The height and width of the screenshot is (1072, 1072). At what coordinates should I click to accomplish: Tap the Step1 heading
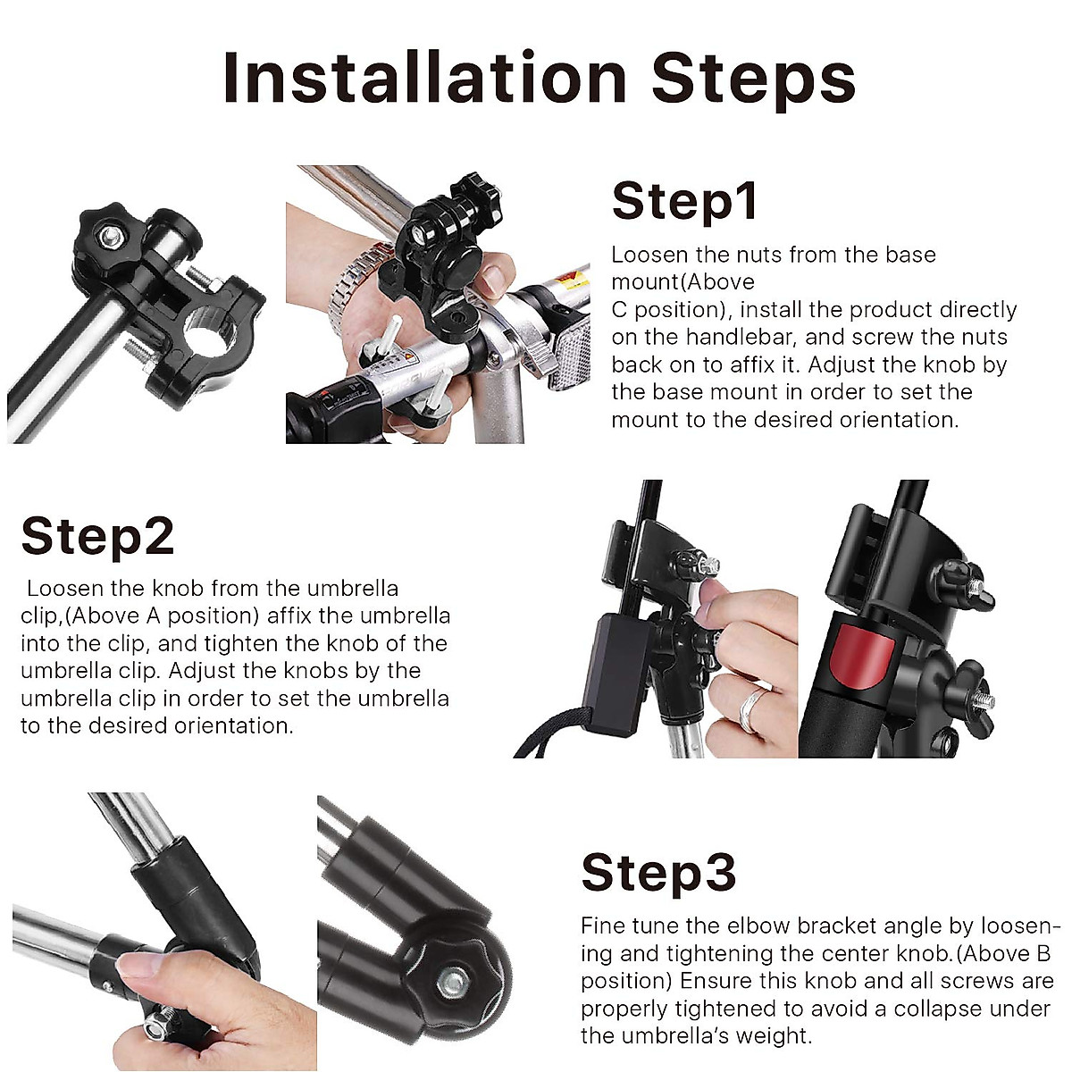pyautogui.click(x=685, y=200)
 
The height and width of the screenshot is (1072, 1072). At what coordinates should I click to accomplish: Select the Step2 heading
pyautogui.click(x=97, y=536)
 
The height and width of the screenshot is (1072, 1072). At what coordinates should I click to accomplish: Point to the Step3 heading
pyautogui.click(x=658, y=872)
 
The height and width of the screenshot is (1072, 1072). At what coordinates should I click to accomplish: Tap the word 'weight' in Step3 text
pyautogui.click(x=767, y=1036)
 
